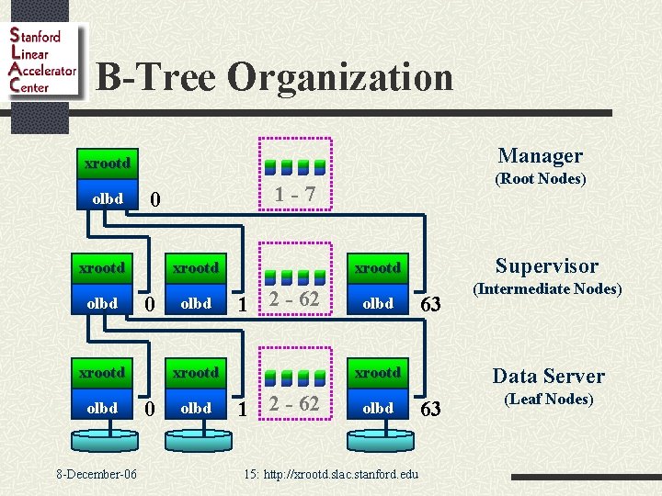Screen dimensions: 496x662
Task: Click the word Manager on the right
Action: coord(540,156)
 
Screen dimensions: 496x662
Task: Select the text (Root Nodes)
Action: coord(540,179)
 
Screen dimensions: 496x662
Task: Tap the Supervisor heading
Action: coord(546,266)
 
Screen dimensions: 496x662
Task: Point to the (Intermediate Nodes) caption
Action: coord(547,289)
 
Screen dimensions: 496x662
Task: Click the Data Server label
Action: coord(548,376)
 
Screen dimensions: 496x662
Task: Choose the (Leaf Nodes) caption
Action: coord(548,399)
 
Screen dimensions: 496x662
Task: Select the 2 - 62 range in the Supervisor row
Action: coord(294,299)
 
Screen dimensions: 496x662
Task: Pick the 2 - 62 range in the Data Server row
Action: coord(294,404)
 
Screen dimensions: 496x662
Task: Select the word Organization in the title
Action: coord(339,77)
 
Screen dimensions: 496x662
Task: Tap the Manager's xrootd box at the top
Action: coord(107,163)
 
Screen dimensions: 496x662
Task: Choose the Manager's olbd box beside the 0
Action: coord(107,197)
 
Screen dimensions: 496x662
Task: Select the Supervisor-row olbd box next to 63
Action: coord(377,303)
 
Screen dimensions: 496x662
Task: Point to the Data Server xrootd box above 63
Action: coord(377,372)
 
